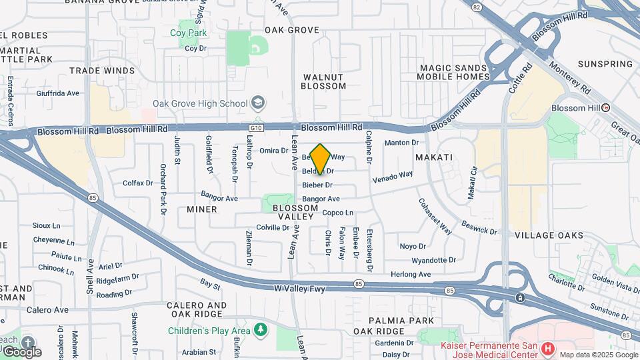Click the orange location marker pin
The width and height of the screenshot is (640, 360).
321,159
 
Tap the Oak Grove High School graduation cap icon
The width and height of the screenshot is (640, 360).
258,103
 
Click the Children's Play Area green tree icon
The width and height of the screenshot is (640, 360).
261,329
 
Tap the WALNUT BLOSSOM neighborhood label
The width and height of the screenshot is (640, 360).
323,81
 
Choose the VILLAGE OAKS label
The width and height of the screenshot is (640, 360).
549,235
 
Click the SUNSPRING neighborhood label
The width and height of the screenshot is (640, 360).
605,64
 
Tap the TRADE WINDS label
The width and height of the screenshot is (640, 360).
102,71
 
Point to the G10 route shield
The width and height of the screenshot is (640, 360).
257,127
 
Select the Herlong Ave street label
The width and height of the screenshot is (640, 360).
411,274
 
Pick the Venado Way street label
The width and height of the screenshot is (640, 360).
393,177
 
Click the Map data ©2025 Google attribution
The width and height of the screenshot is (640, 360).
598,355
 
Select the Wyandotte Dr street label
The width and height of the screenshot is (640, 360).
433,260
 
